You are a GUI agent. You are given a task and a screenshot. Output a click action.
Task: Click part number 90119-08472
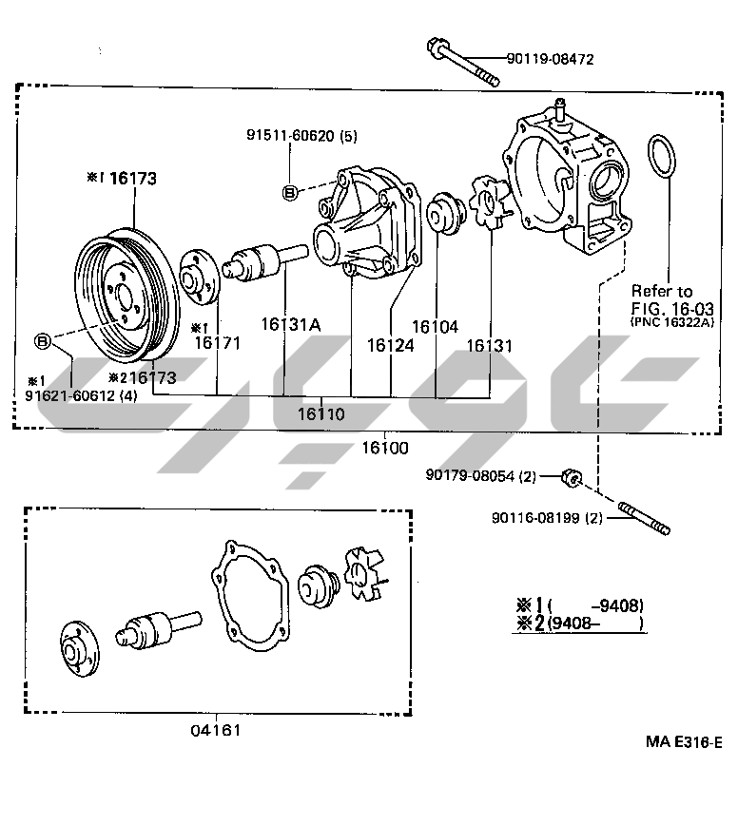tap(550, 59)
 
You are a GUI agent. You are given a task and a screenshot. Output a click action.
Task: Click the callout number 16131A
tap(291, 325)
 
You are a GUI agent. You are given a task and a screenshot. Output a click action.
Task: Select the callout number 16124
tap(391, 346)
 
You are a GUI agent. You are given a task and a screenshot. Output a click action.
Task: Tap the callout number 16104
tap(436, 326)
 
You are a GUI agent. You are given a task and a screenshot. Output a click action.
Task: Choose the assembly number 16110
tap(320, 414)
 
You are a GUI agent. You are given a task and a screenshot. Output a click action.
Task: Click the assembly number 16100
tap(384, 446)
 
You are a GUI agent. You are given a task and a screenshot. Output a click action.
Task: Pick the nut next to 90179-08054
tap(572, 477)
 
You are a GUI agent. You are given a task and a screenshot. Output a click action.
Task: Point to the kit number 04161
tap(215, 730)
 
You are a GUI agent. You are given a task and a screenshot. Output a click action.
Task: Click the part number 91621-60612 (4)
tap(81, 395)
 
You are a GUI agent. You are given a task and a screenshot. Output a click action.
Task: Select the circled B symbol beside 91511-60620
tap(290, 193)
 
